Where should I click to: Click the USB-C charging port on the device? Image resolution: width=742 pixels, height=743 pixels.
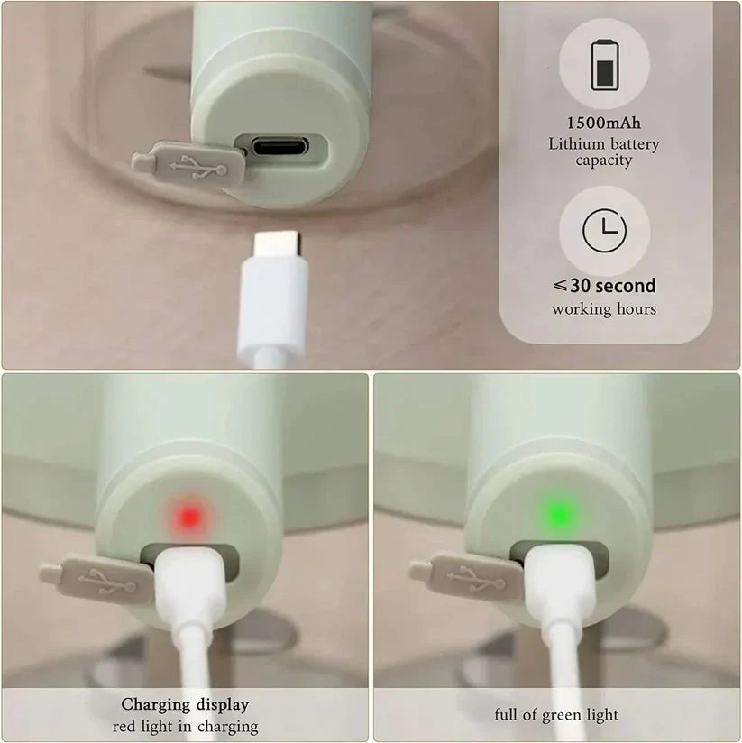click(279, 146)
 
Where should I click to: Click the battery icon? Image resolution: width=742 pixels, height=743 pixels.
click(605, 65)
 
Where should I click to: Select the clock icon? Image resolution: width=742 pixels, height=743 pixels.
click(604, 230)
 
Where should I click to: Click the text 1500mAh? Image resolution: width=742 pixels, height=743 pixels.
click(604, 124)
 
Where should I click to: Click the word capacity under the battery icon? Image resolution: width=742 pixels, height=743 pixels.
click(604, 161)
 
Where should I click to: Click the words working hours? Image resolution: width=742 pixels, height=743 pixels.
click(604, 309)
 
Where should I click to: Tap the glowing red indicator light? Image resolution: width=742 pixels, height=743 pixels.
click(189, 516)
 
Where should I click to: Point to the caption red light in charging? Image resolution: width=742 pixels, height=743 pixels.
click(185, 727)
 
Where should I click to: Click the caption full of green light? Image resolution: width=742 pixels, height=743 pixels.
click(556, 714)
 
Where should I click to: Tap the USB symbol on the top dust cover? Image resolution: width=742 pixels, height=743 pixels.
click(198, 169)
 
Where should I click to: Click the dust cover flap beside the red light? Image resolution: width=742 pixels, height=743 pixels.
click(98, 580)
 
